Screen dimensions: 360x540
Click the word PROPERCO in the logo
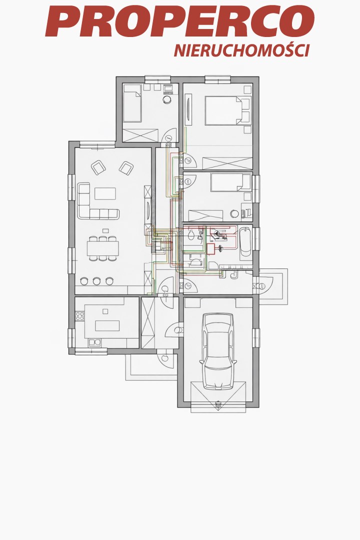point(179,21)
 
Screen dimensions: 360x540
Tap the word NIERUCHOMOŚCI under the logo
point(242,50)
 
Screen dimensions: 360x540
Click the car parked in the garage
point(218,351)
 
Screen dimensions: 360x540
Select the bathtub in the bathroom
point(245,242)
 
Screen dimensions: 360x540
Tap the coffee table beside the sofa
point(105,193)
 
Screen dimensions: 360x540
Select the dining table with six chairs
point(102,248)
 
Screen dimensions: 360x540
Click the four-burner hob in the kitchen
point(80,316)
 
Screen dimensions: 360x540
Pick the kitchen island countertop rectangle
point(107,325)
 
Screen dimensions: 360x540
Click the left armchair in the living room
point(98,167)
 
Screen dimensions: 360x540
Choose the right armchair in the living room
point(126,167)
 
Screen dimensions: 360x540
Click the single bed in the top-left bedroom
point(132,103)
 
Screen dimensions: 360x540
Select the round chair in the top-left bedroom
point(167,99)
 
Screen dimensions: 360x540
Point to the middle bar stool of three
point(97,281)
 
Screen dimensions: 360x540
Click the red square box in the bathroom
point(210,248)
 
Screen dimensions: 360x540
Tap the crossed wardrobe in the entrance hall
point(148,322)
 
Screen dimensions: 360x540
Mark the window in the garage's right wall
point(256,338)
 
